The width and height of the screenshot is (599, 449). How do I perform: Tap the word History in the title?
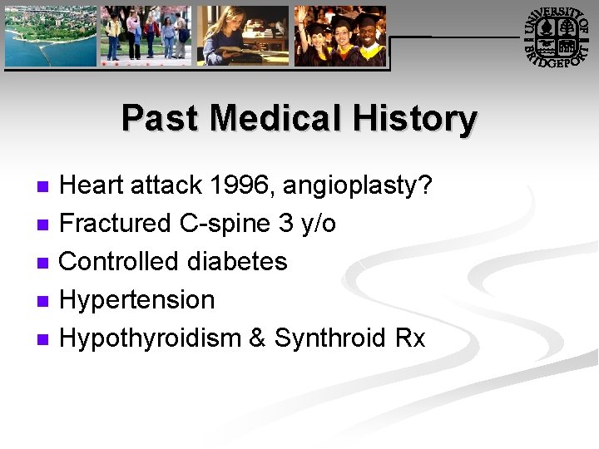(x=414, y=118)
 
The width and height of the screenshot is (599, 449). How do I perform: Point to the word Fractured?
(x=116, y=223)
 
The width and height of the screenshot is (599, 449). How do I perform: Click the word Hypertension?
(x=137, y=300)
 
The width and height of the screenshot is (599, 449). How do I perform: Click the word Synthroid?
(x=330, y=338)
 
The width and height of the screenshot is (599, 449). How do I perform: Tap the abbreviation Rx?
(x=410, y=338)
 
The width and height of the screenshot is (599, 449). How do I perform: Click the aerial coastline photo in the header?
(x=51, y=36)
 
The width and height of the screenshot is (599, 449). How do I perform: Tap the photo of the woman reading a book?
(x=242, y=36)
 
